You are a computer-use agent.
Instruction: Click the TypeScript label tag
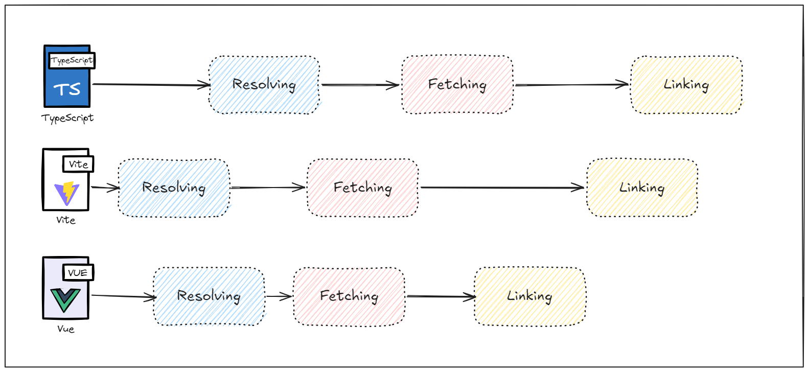coord(72,60)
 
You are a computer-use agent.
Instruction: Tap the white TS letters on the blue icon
coord(67,89)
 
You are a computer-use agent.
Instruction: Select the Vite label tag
coord(78,164)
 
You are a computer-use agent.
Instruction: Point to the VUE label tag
coord(78,272)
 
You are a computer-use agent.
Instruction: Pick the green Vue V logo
coord(65,300)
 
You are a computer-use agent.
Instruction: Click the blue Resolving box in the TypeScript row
coord(265,85)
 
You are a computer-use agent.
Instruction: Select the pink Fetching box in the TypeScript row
coord(457,85)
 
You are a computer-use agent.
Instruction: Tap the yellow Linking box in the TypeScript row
coord(687,85)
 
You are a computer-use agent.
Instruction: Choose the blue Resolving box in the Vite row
coord(174,189)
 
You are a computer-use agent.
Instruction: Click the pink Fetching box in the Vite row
coord(362,188)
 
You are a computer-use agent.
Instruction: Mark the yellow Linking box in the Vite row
coord(642,188)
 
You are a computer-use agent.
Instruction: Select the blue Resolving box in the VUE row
coord(210,296)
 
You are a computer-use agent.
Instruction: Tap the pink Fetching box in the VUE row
coord(349,296)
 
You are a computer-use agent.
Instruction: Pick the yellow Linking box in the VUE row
coord(529,296)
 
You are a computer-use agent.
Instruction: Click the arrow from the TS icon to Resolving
coord(151,85)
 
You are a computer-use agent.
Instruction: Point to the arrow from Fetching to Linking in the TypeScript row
coord(571,85)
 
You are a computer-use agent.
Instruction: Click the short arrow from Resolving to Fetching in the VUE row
coord(279,296)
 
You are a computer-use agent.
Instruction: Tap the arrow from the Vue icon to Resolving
coord(123,296)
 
